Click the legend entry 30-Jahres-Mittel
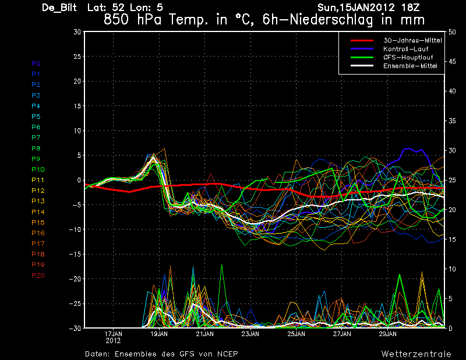(412, 40)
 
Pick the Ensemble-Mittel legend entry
(409, 66)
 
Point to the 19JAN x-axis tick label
(159, 334)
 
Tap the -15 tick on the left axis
(77, 254)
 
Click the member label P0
(36, 63)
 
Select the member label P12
(38, 190)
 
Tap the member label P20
(38, 276)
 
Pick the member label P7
(36, 137)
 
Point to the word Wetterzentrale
(416, 354)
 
